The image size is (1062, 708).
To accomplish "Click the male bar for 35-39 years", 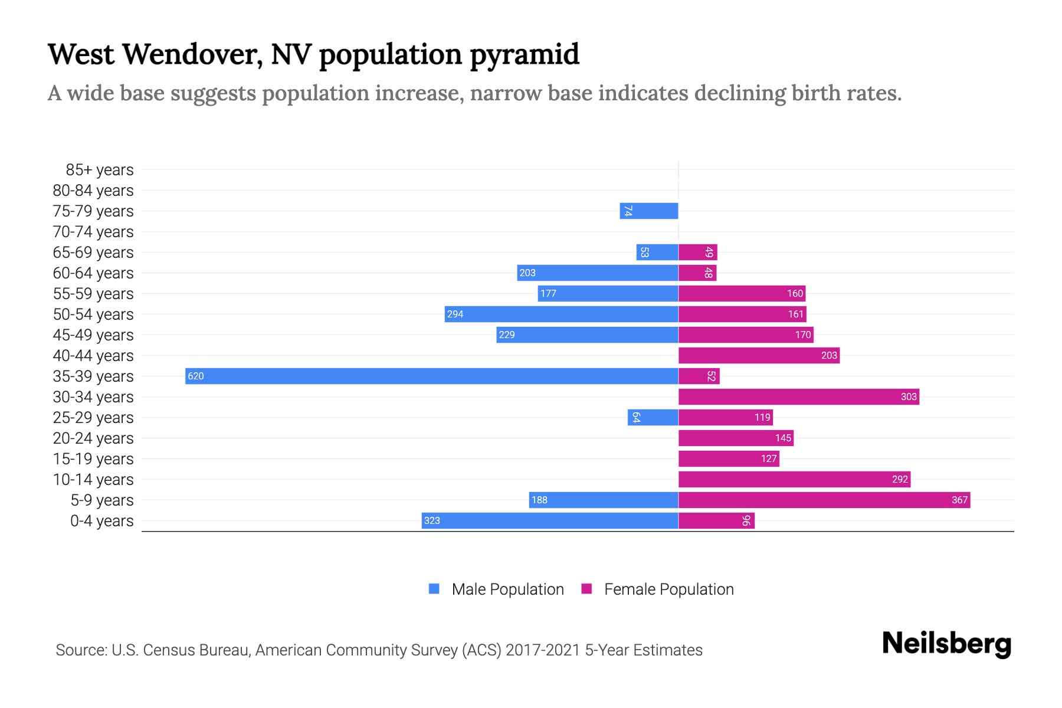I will pyautogui.click(x=431, y=376).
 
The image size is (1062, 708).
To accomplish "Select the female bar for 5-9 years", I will pyautogui.click(x=824, y=500).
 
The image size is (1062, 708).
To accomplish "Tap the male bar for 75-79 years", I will pyautogui.click(x=649, y=211).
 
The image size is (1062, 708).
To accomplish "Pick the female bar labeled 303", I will pyautogui.click(x=798, y=397).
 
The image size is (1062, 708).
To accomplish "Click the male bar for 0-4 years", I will pyautogui.click(x=550, y=521).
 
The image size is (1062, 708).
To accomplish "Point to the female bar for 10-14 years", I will pyautogui.click(x=794, y=480).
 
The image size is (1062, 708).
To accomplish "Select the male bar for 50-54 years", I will pyautogui.click(x=561, y=314).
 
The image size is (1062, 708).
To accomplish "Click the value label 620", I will pyautogui.click(x=196, y=376).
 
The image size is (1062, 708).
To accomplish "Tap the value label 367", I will pyautogui.click(x=959, y=500).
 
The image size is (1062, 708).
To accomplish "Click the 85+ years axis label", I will pyautogui.click(x=99, y=170).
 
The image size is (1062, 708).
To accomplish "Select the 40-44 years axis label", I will pyautogui.click(x=93, y=356).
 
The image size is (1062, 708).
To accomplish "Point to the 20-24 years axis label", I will pyautogui.click(x=93, y=438).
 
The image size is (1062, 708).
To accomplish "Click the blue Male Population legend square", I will pyautogui.click(x=434, y=589).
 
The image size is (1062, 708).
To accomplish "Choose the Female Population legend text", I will pyautogui.click(x=668, y=589).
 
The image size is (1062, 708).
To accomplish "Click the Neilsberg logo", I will pyautogui.click(x=946, y=643).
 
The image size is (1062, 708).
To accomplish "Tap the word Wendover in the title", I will pyautogui.click(x=192, y=54).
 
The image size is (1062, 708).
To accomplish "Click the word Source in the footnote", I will pyautogui.click(x=80, y=650).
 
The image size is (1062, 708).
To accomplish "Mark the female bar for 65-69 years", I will pyautogui.click(x=697, y=253).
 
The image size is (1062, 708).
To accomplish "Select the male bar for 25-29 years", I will pyautogui.click(x=653, y=418).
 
